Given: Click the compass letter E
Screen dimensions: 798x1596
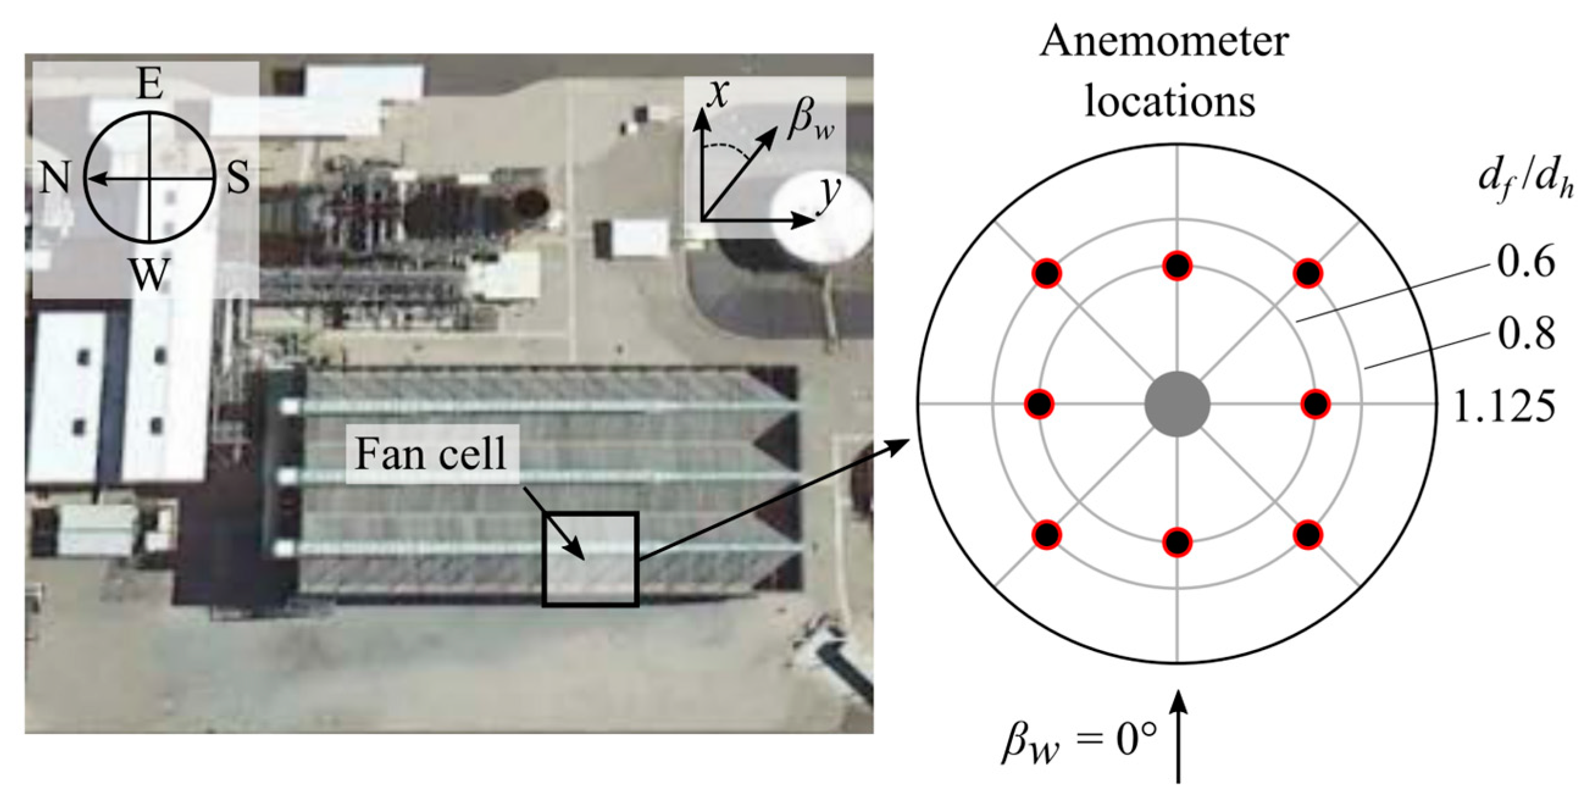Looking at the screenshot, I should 150,85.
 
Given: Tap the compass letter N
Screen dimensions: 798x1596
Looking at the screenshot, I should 54,178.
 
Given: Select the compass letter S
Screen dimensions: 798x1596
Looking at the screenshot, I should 238,178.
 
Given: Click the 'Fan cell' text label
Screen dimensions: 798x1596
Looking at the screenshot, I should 431,454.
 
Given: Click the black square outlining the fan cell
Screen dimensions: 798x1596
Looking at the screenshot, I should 590,514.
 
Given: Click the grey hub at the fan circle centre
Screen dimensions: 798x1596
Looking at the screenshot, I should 1177,404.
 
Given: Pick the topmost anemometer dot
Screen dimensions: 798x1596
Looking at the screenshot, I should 1177,266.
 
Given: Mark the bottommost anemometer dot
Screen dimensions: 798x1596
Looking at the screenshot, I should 1177,543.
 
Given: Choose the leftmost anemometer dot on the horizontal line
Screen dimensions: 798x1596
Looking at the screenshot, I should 1040,404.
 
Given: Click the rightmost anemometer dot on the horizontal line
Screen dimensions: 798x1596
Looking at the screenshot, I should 1315,404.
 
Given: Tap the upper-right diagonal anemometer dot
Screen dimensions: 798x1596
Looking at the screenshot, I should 1308,273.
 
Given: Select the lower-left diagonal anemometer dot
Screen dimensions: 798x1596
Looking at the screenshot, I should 1047,535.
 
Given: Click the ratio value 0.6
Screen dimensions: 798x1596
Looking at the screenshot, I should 1526,262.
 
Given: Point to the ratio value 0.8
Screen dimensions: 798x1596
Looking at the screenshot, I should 1526,334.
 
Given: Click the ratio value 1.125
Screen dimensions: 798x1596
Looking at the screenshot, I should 1505,407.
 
